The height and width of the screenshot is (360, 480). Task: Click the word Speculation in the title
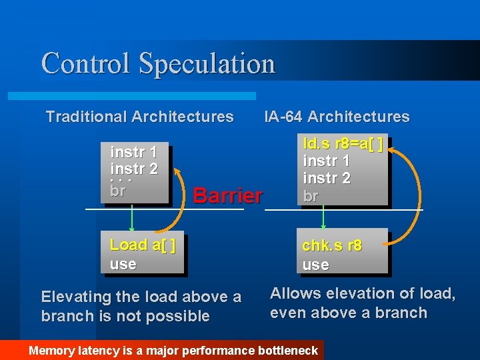click(x=207, y=64)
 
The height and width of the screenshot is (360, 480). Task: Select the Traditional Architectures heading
click(x=139, y=117)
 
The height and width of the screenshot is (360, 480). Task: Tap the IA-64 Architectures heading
click(x=337, y=117)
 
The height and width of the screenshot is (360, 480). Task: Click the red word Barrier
click(x=227, y=195)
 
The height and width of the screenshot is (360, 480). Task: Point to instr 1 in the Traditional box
click(x=133, y=153)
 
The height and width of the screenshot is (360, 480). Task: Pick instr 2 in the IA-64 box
click(x=326, y=178)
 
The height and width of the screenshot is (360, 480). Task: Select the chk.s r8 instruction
click(x=331, y=245)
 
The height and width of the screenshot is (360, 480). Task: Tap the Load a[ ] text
click(x=142, y=245)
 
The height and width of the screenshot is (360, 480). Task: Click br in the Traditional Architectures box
click(x=117, y=191)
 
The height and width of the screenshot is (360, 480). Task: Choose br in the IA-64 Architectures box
click(x=310, y=196)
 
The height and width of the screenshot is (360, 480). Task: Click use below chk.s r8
click(x=315, y=265)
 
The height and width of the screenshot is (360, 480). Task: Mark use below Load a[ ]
click(x=123, y=264)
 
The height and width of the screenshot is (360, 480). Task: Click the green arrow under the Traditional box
click(x=133, y=218)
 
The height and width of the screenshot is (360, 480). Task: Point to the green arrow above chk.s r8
click(x=324, y=218)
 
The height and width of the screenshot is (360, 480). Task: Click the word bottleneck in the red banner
click(x=287, y=350)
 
